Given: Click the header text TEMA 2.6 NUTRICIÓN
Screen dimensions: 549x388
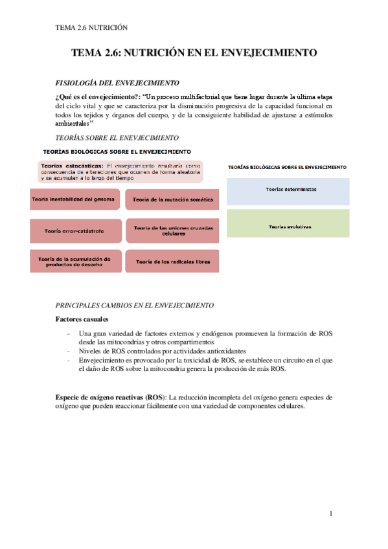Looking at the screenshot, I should [x=91, y=28].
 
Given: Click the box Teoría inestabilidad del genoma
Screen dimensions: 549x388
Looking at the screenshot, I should [x=74, y=199].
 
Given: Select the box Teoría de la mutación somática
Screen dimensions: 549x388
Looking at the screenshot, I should [x=172, y=200].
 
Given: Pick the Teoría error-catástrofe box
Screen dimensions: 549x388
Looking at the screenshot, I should [x=75, y=230].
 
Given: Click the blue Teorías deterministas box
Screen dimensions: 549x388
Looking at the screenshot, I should [x=288, y=190].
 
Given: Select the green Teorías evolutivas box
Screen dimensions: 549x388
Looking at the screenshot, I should [x=288, y=227].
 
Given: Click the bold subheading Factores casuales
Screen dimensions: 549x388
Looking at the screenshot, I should [x=82, y=319].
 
